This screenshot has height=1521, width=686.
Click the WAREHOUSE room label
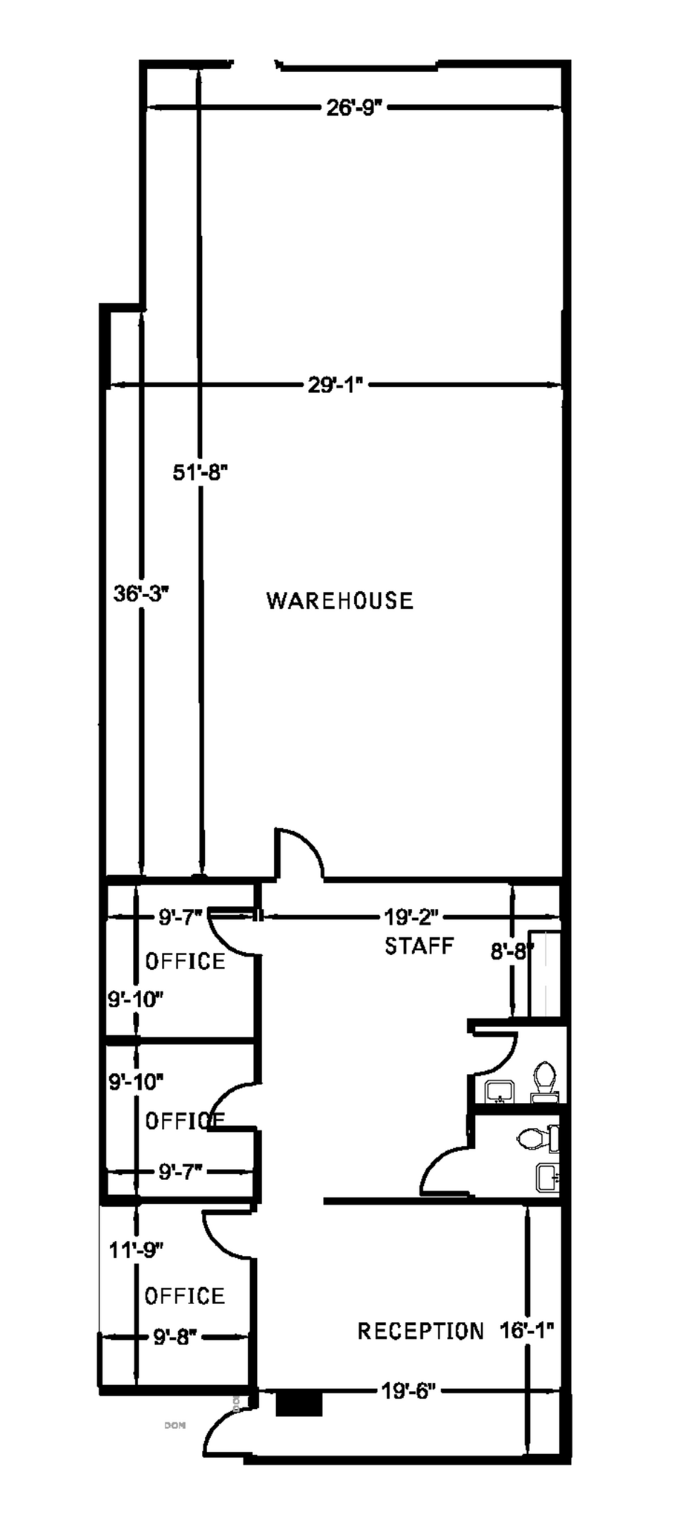[339, 600]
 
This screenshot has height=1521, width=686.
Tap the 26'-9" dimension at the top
[353, 108]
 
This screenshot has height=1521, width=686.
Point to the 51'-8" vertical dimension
[200, 472]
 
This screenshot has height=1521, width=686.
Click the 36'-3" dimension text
[141, 593]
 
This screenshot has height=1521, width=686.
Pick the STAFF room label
[419, 946]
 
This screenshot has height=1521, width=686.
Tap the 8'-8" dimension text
[512, 952]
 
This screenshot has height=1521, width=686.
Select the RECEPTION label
[420, 1331]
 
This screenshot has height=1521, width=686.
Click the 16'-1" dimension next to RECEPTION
[526, 1330]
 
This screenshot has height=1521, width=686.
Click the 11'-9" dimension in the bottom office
[136, 1250]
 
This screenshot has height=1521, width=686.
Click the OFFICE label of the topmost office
[185, 962]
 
